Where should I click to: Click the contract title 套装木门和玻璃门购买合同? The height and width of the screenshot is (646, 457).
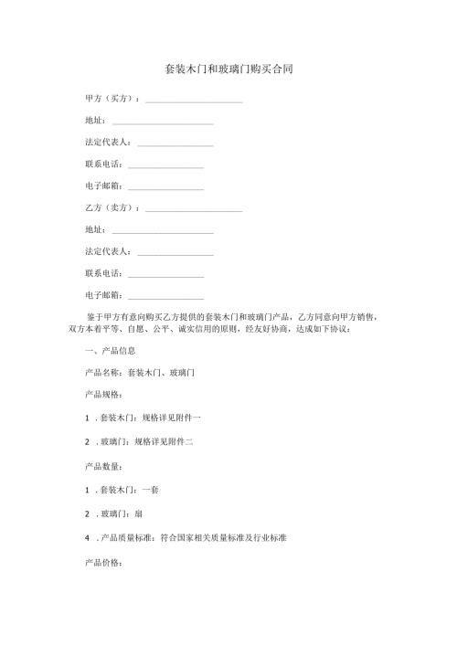pos(228,69)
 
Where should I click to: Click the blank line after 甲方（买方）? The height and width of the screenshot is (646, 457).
pos(194,100)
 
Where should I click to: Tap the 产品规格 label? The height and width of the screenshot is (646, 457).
pos(103,395)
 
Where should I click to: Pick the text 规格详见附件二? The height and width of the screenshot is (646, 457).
pos(164,441)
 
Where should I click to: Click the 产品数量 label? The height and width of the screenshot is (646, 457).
pos(103,466)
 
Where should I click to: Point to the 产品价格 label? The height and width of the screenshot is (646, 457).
pos(103,561)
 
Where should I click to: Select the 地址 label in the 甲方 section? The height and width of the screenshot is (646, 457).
pos(94,121)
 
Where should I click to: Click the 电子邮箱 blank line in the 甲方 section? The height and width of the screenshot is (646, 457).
pos(165,187)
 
